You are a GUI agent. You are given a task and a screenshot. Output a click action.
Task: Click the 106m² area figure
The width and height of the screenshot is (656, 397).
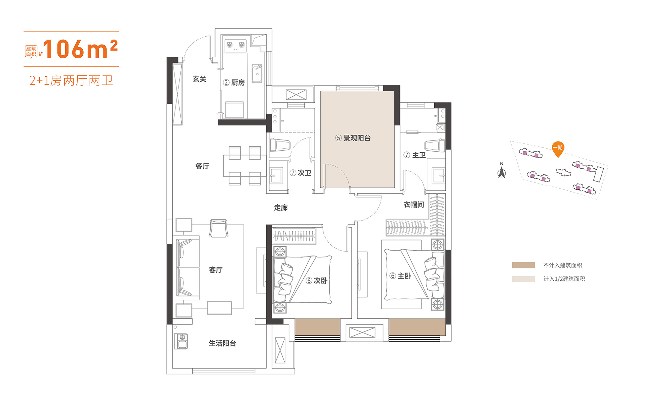click(x=80, y=49)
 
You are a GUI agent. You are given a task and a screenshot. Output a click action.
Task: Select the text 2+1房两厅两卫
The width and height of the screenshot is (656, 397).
click(x=71, y=81)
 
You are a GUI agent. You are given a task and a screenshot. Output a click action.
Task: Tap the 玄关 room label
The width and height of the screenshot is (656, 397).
click(x=199, y=79)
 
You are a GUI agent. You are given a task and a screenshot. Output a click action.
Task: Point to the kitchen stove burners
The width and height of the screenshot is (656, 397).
click(x=236, y=45)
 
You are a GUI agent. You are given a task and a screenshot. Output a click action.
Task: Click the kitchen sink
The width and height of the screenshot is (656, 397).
click(x=257, y=73)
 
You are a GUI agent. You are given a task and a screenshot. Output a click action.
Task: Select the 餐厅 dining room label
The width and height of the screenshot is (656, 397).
click(x=202, y=166)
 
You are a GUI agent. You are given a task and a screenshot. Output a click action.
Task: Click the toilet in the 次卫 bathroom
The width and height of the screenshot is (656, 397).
click(x=280, y=144)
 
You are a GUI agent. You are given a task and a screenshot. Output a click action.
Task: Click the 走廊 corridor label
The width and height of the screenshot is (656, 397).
click(x=281, y=208)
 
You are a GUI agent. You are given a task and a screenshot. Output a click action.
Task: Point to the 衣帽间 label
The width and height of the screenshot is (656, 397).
click(x=414, y=205)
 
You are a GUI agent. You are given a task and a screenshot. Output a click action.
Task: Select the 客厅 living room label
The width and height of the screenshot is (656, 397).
click(x=216, y=270)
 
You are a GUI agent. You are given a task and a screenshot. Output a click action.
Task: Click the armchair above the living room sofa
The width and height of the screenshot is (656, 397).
click(x=218, y=228)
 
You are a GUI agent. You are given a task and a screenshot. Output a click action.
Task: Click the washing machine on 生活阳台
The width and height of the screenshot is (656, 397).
click(x=181, y=341)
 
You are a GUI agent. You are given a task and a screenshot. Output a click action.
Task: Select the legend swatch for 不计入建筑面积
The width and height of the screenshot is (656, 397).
click(x=523, y=265)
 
